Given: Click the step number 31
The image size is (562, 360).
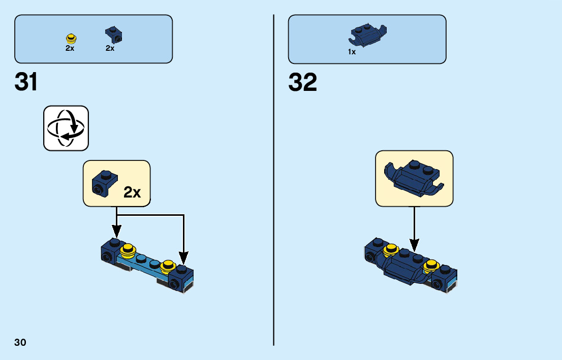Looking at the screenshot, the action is [x=26, y=82].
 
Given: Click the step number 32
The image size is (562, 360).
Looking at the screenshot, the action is [x=302, y=82].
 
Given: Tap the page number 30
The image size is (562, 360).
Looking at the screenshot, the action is [x=20, y=342].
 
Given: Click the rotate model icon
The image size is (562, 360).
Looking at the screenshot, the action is [x=66, y=128].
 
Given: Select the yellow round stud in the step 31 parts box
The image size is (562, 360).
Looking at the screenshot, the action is [x=71, y=38].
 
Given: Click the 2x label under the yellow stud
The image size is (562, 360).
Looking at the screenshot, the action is [x=70, y=48].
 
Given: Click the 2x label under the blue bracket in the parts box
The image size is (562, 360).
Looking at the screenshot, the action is [x=110, y=48].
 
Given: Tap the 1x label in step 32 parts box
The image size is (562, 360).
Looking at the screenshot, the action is [x=352, y=52].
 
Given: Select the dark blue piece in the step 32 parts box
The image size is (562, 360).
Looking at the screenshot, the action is [x=366, y=35].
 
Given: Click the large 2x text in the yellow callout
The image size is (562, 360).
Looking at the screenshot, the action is [x=133, y=192].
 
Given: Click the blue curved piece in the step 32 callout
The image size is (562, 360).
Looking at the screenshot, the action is [x=414, y=178].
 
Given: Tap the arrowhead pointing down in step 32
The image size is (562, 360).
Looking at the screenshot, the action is [x=415, y=246].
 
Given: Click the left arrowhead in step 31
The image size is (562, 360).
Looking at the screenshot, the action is [x=117, y=232].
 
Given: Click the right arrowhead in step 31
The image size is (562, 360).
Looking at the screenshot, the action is [x=183, y=258].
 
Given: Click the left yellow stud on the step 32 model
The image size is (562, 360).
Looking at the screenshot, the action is [x=390, y=248].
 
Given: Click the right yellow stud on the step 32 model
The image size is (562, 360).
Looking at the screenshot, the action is [x=432, y=264].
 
